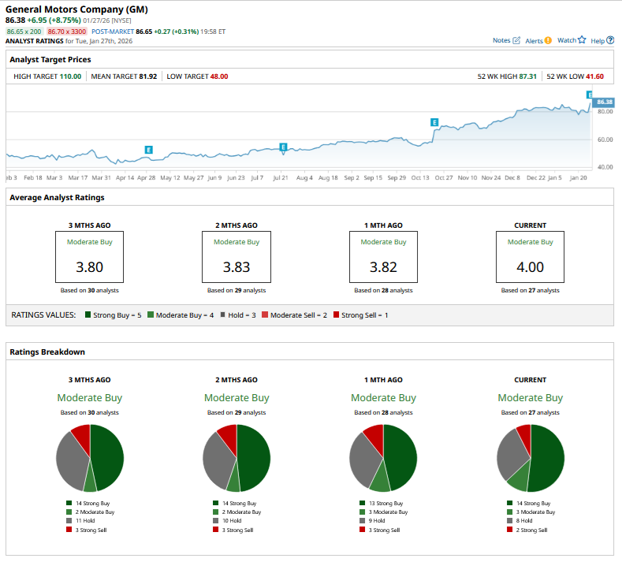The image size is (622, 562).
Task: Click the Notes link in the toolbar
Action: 506,40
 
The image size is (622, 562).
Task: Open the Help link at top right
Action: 602,40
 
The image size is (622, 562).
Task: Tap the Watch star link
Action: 572,40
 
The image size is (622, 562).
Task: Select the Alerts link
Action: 538,40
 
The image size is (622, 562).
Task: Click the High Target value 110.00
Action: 70,76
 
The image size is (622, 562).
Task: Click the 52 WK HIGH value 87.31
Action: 527,76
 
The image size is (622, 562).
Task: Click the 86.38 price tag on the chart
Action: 604,102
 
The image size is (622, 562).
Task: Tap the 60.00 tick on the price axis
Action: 605,140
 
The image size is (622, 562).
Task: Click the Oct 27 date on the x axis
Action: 444,178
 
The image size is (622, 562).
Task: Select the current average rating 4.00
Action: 530,267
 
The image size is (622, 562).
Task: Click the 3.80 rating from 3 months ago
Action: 89,267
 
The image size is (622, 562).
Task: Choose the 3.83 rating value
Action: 236,267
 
